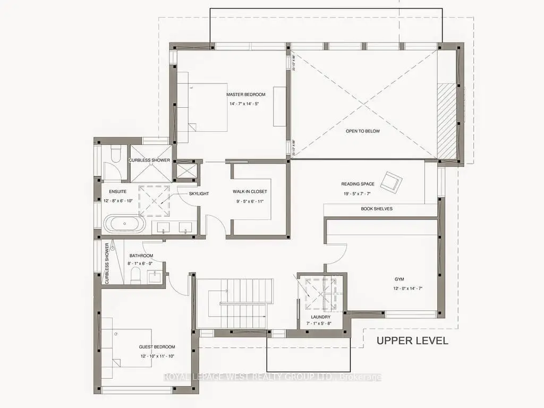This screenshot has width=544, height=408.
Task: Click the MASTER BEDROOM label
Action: tap(245, 95)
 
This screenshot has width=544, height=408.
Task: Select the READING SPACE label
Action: tap(358, 184)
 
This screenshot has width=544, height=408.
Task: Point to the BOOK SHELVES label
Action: tap(377, 209)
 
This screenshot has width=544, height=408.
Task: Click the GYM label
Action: tap(399, 278)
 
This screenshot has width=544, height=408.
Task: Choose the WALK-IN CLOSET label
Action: tap(250, 191)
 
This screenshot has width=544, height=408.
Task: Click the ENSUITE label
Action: tap(117, 192)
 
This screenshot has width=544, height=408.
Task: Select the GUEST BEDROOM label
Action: tap(157, 346)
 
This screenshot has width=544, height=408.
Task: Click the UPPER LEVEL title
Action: tap(412, 341)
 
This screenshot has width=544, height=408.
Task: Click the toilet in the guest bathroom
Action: tap(136, 275)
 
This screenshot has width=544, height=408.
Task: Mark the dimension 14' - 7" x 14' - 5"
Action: tap(245, 104)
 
